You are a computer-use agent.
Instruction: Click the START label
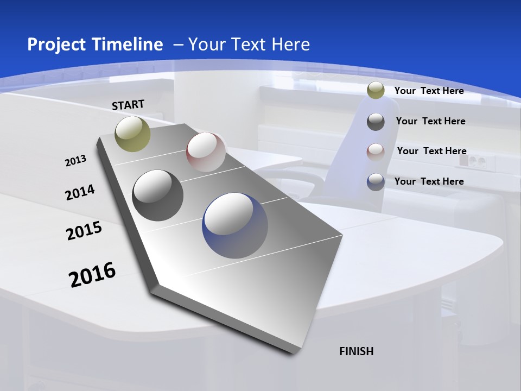point(128,105)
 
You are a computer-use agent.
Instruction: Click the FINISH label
point(356,351)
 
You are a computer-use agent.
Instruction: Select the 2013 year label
point(75,161)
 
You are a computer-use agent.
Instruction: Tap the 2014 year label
point(80,193)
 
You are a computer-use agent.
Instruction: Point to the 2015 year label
point(84,231)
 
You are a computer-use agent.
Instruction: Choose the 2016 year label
point(92,275)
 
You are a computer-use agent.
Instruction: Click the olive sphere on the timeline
point(133,134)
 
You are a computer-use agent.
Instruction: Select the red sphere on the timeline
point(206,152)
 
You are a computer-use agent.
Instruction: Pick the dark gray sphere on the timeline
point(158,195)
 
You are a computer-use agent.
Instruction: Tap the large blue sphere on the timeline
point(235,225)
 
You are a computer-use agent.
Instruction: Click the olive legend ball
point(376,91)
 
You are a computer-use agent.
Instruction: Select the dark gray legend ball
point(376,122)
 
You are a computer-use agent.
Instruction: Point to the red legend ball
point(376,152)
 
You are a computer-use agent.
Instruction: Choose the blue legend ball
point(376,182)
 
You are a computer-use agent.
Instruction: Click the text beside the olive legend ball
point(429,91)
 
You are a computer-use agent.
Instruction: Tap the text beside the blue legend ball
point(429,181)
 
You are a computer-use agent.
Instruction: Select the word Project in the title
point(55,45)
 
